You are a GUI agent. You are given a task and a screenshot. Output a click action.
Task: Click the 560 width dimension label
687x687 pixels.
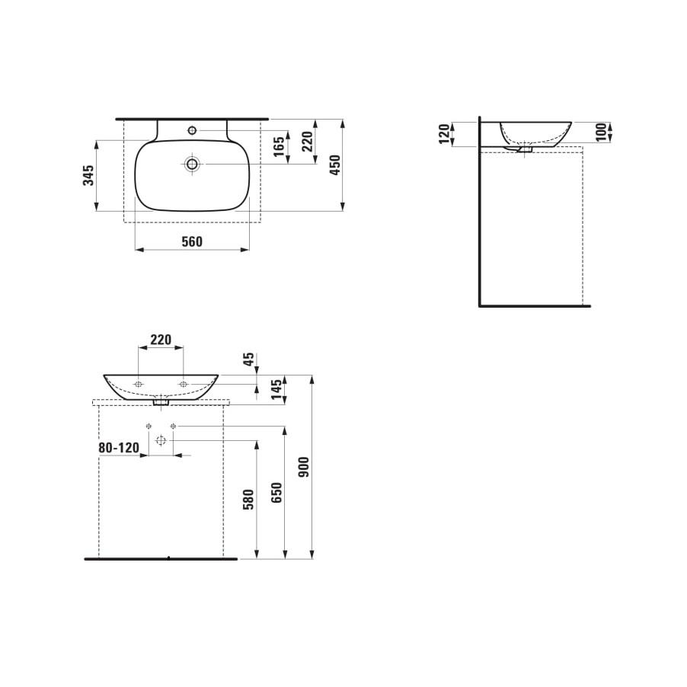(x=192, y=241)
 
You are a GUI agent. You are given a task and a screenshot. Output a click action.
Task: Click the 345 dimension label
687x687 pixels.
(x=89, y=176)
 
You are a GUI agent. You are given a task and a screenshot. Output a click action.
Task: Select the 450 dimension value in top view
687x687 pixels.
(x=334, y=165)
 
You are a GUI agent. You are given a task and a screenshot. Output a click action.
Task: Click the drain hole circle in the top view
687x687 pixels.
(x=192, y=164)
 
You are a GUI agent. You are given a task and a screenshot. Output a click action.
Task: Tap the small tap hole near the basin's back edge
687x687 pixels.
(x=192, y=131)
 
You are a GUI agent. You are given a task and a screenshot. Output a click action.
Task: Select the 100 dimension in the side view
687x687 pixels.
(x=601, y=132)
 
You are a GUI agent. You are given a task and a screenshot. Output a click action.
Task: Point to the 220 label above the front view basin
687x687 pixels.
(x=160, y=339)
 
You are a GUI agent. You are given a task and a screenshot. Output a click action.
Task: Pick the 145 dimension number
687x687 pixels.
(x=277, y=390)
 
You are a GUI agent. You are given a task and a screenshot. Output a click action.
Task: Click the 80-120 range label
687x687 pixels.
(x=119, y=448)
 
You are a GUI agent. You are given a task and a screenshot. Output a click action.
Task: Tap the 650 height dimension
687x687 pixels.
(x=276, y=492)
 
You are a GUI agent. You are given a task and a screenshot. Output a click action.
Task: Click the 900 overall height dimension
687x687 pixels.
(x=304, y=467)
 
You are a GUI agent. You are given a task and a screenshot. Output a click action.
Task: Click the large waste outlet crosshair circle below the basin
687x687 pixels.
(x=160, y=440)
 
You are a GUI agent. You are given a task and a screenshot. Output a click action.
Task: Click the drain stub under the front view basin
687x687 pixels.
(x=160, y=403)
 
